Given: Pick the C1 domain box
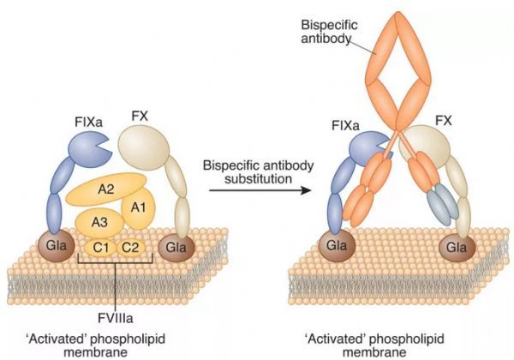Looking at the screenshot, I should coord(100,249).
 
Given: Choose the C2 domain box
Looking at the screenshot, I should coord(129,249).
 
